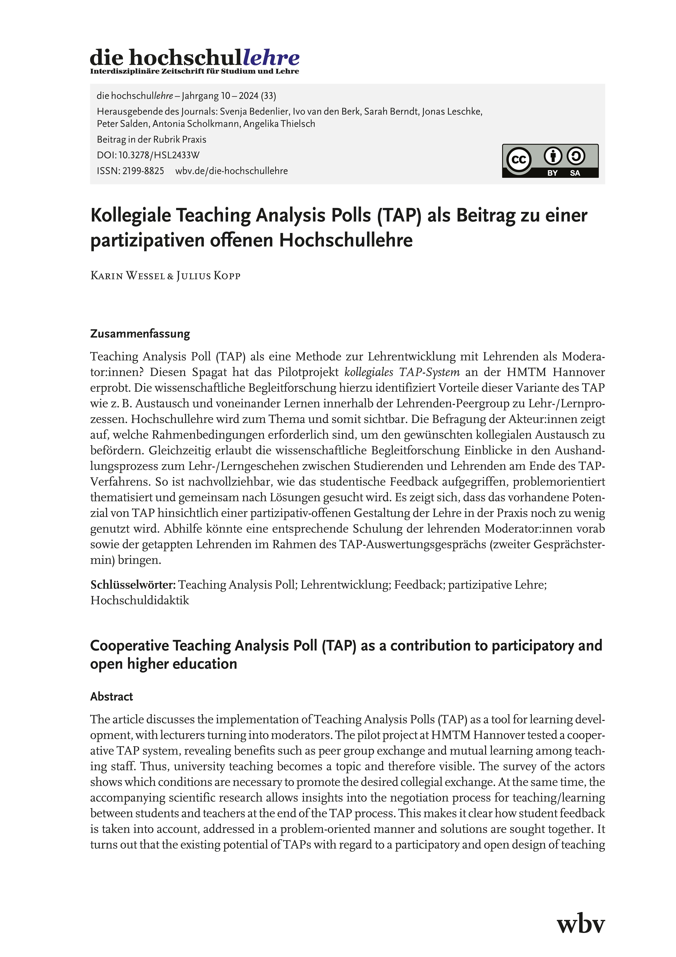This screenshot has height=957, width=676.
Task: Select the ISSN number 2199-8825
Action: [x=143, y=171]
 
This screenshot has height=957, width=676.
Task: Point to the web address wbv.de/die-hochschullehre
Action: [x=232, y=171]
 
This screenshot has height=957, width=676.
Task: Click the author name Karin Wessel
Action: [x=127, y=276]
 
